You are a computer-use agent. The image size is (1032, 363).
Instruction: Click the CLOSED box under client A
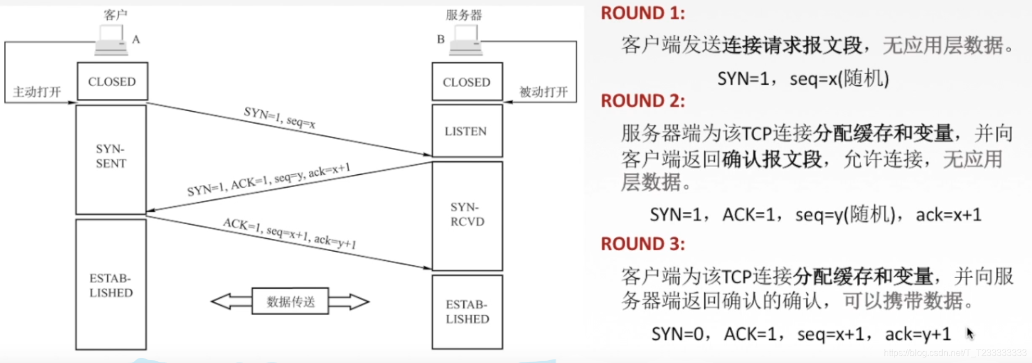click(112, 81)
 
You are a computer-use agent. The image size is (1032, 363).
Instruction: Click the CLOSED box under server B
click(467, 82)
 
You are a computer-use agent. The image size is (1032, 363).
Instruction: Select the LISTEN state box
click(466, 131)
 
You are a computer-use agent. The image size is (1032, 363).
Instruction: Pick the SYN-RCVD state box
click(467, 215)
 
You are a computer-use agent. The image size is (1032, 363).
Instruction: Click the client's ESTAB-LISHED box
click(111, 285)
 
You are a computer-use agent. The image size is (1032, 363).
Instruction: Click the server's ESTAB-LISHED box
click(467, 312)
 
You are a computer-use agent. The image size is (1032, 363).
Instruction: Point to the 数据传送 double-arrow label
click(290, 302)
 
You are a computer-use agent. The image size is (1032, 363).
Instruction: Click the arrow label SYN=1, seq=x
click(279, 117)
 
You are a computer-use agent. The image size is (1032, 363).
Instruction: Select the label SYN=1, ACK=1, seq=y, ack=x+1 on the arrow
click(268, 179)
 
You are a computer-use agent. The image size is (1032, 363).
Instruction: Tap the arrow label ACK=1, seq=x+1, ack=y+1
click(289, 233)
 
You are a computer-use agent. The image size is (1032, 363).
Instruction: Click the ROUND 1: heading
click(643, 13)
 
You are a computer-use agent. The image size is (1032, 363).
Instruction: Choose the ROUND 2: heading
click(643, 101)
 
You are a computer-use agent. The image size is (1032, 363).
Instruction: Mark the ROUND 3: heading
click(643, 244)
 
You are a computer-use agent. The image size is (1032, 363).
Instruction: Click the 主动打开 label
click(37, 92)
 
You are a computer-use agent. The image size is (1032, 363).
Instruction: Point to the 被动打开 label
click(543, 92)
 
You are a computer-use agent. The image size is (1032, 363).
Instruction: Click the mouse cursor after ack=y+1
click(970, 333)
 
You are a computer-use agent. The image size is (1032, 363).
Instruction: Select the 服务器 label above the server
click(464, 15)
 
